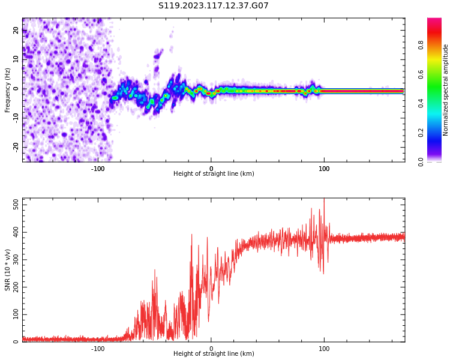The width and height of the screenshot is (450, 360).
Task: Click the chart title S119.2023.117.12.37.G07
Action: tap(214, 6)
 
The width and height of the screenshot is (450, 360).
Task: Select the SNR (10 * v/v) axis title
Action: tap(7, 270)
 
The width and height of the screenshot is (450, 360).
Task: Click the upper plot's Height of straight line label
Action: tap(214, 174)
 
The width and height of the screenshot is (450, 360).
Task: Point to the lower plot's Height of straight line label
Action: tap(214, 354)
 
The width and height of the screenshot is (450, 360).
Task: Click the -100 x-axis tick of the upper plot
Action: tap(98, 168)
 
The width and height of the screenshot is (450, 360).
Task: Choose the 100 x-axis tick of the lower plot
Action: tap(324, 348)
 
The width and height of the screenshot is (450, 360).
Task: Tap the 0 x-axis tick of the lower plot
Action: tap(211, 348)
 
